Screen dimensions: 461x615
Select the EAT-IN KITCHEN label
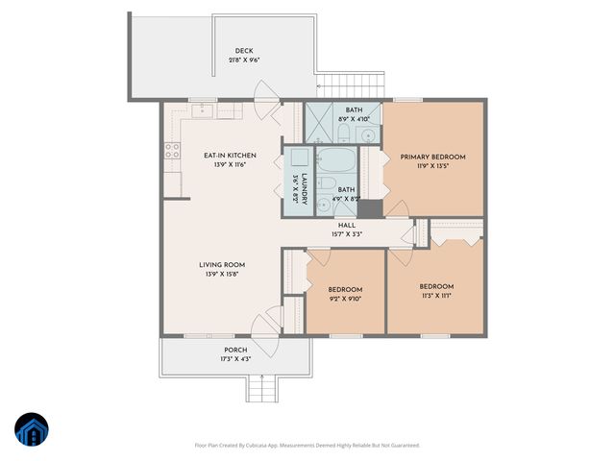pyautogui.click(x=229, y=156)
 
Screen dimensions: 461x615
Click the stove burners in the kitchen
pyautogui.click(x=173, y=150)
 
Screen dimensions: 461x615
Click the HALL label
pyautogui.click(x=346, y=225)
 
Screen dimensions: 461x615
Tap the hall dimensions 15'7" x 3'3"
pyautogui.click(x=346, y=233)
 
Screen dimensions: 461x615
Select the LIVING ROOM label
pyautogui.click(x=222, y=265)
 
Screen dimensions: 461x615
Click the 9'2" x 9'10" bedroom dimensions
pyautogui.click(x=345, y=299)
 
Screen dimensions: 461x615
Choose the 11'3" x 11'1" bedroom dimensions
pyautogui.click(x=435, y=296)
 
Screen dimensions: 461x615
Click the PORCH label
pyautogui.click(x=235, y=350)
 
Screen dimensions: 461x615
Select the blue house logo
pyautogui.click(x=33, y=431)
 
